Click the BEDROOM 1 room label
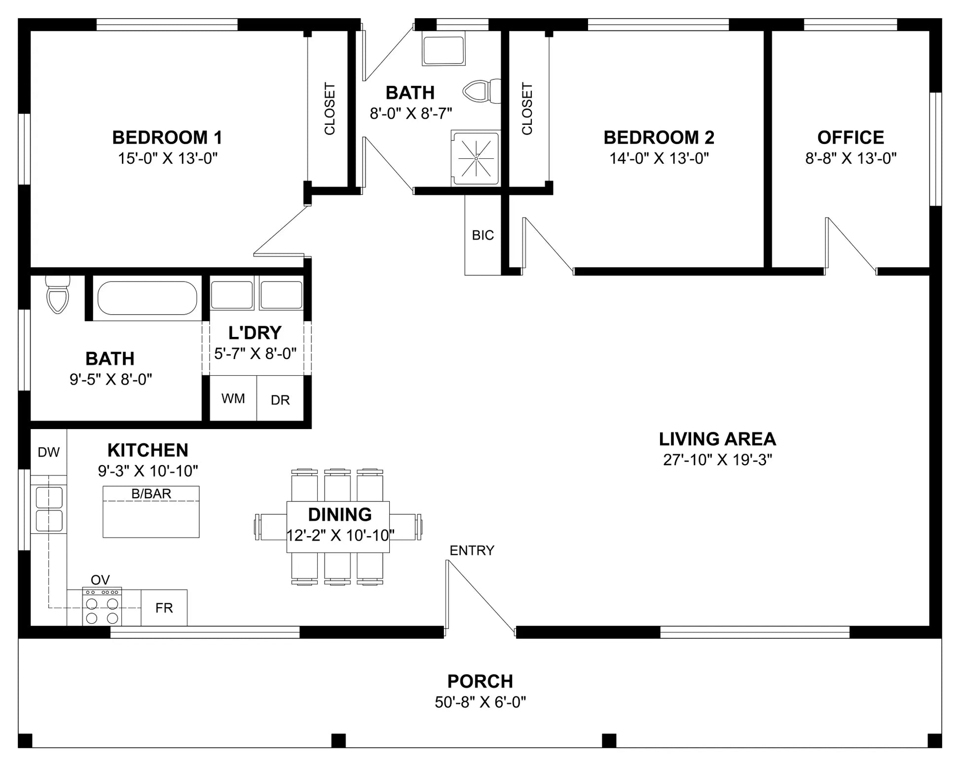(167, 137)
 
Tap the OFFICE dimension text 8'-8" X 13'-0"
(850, 158)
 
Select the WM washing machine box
(233, 398)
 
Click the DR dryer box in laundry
(280, 398)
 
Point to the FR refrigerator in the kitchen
(164, 608)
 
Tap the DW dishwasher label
(49, 452)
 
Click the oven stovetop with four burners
(102, 607)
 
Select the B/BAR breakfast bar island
(151, 511)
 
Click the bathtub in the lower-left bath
(147, 298)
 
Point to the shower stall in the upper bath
(476, 158)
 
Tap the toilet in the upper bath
(481, 92)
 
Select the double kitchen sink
(49, 509)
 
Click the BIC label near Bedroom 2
(483, 235)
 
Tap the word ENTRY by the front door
(472, 550)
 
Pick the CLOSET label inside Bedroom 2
(527, 109)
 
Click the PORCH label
(480, 681)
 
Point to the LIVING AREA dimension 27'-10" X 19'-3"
(717, 460)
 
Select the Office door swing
(851, 246)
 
